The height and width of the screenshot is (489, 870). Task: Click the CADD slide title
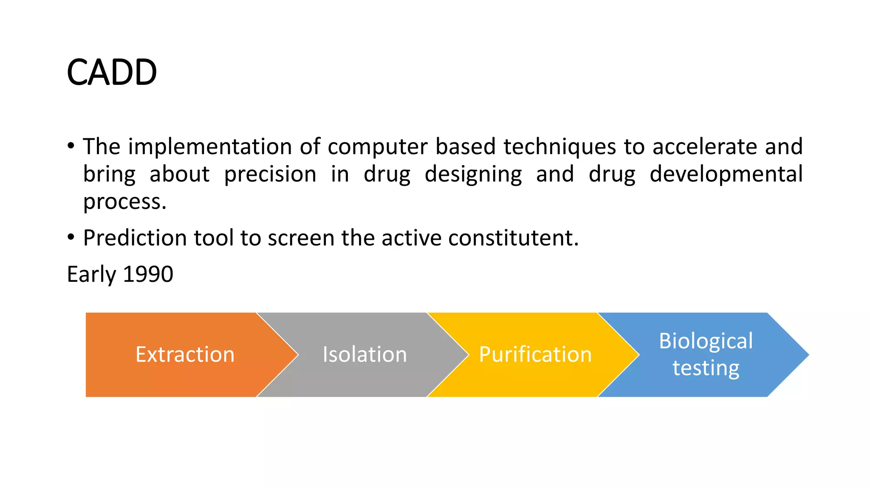(x=112, y=72)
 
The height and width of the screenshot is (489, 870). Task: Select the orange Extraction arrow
(x=185, y=354)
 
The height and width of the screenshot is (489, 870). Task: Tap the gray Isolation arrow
(x=364, y=354)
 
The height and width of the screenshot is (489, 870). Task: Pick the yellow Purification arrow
(x=535, y=354)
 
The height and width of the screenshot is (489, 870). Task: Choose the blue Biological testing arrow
(x=706, y=354)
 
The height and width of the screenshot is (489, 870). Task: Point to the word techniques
(x=559, y=146)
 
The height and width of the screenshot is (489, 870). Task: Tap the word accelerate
(x=705, y=146)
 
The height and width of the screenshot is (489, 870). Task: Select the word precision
(x=270, y=174)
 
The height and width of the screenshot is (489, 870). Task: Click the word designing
(x=473, y=174)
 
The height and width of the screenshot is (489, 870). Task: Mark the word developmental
(x=726, y=174)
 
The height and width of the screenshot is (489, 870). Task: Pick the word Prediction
(x=135, y=238)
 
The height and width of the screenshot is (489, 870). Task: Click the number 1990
(x=148, y=274)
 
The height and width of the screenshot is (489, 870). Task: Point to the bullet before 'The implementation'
(x=71, y=146)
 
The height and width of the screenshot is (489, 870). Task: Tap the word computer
(x=377, y=146)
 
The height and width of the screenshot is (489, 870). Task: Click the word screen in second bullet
(x=301, y=238)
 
